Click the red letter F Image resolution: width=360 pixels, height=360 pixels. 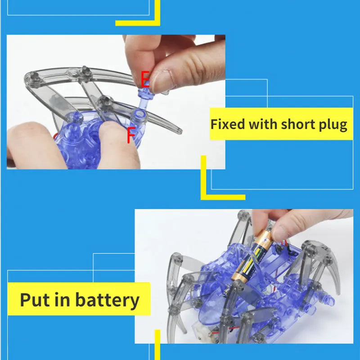click(130, 135)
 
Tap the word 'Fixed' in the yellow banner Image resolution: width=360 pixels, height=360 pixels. click(229, 124)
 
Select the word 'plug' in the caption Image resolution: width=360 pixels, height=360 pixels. click(331, 125)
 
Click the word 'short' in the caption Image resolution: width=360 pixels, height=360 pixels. click(297, 124)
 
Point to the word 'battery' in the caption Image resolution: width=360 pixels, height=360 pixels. click(108, 300)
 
